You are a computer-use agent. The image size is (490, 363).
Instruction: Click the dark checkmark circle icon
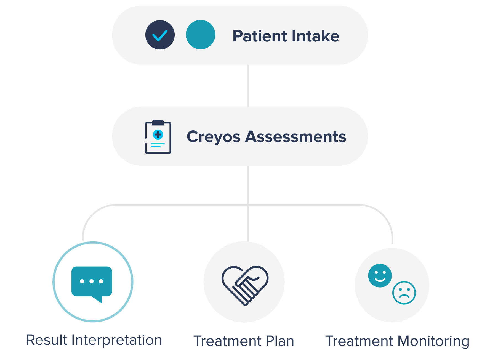(x=160, y=35)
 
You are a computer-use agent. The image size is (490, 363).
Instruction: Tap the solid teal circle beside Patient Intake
(x=201, y=35)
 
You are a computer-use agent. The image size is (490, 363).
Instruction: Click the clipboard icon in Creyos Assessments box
(x=158, y=137)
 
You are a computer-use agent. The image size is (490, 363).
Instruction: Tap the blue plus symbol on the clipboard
(x=158, y=135)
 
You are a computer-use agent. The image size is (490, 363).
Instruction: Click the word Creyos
(x=213, y=137)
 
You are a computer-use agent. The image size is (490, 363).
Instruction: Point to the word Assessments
(x=295, y=137)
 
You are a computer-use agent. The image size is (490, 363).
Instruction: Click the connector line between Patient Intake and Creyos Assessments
(x=249, y=86)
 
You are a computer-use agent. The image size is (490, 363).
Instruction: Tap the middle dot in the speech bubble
(x=92, y=281)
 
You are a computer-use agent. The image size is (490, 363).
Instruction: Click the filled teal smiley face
(x=380, y=275)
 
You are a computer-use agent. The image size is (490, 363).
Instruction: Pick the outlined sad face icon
(x=404, y=293)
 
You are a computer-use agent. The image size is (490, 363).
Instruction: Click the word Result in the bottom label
(x=47, y=340)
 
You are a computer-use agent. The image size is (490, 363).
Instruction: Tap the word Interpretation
(x=117, y=340)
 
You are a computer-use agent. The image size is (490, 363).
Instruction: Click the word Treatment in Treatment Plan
(x=223, y=341)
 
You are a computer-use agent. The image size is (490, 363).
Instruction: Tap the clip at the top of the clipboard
(x=158, y=122)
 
